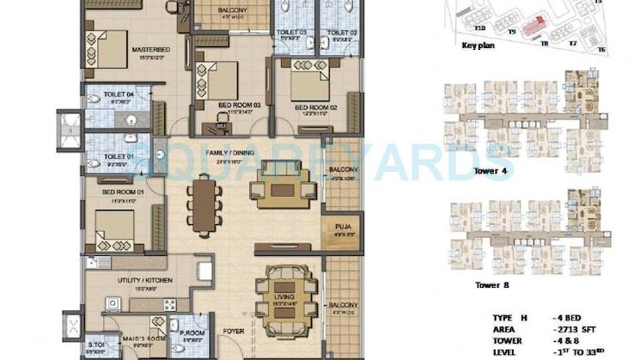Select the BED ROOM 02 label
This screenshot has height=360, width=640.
[x=311, y=108]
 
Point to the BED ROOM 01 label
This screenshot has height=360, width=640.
[x=120, y=192]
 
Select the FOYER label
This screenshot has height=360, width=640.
[x=234, y=330]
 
